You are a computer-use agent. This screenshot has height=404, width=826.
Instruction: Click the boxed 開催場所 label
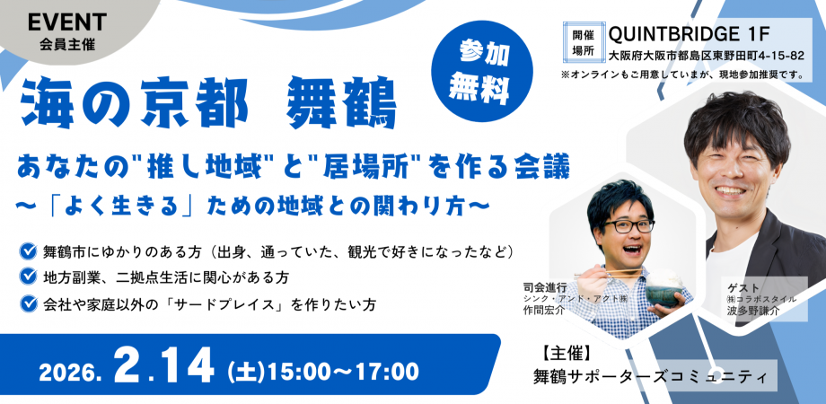pos(583,41)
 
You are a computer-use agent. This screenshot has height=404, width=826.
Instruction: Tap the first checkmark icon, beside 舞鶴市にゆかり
pos(28,249)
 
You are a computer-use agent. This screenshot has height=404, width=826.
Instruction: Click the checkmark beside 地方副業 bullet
pos(28,277)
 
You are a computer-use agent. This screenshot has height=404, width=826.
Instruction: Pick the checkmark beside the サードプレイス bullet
pos(28,303)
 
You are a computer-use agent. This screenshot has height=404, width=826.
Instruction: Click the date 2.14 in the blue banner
pos(163,367)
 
